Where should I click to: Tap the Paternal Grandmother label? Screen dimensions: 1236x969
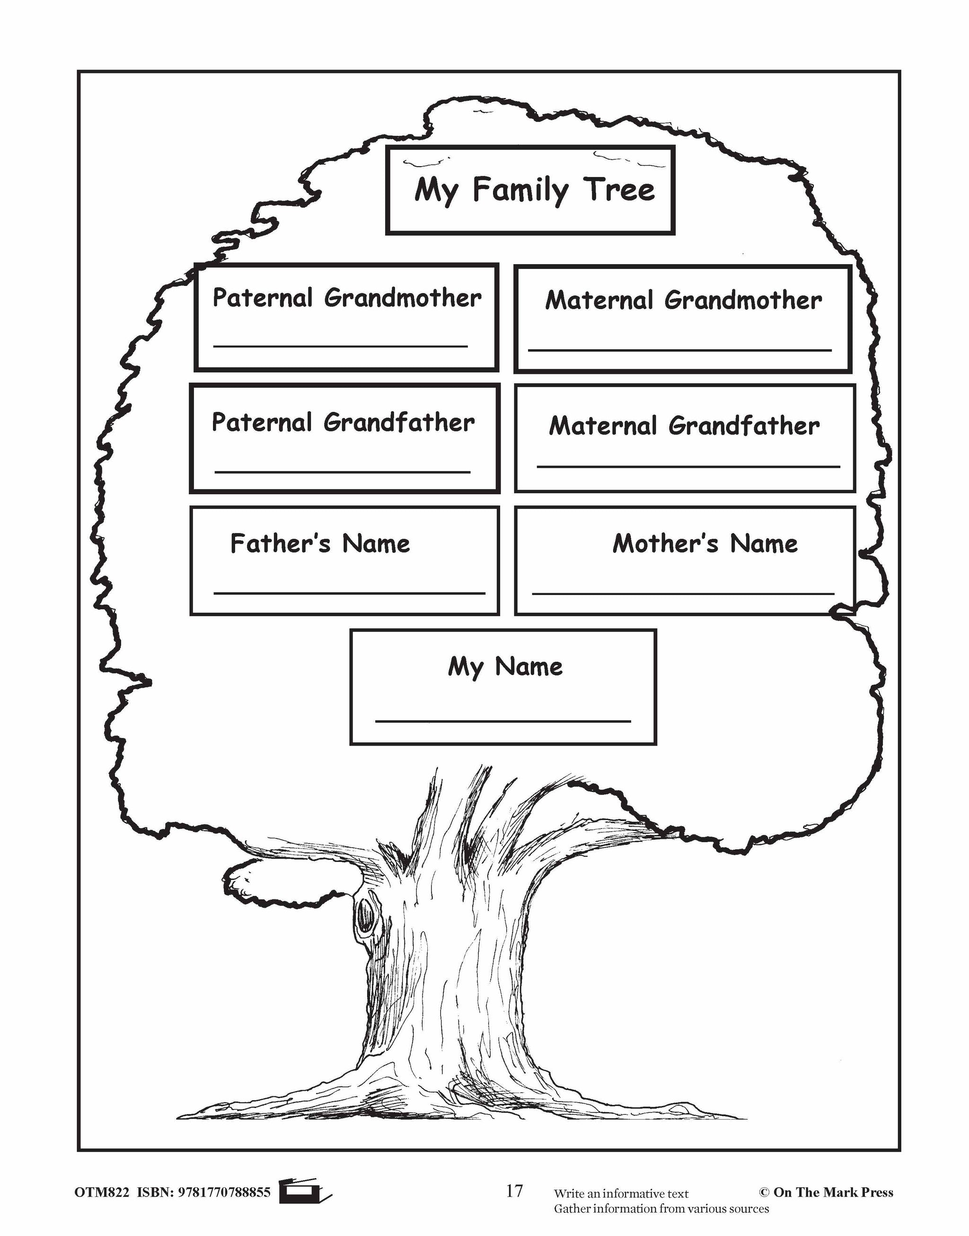coord(347,297)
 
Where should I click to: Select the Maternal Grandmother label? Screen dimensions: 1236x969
coord(683,300)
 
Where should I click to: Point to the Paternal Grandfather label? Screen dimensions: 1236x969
coord(343,422)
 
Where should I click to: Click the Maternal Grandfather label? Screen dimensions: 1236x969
coord(684,426)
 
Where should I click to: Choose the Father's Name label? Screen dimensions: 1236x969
coord(320,543)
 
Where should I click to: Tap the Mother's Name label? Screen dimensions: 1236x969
coord(705,543)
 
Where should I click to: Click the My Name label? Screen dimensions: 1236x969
coord(505,666)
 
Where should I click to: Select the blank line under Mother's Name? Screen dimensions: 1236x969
coord(683,593)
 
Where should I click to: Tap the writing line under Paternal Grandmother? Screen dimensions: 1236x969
coord(340,346)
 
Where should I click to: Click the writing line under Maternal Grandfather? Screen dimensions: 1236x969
coord(688,466)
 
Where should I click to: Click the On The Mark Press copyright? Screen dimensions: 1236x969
coord(826,1192)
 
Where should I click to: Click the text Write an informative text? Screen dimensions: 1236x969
coord(621,1193)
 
